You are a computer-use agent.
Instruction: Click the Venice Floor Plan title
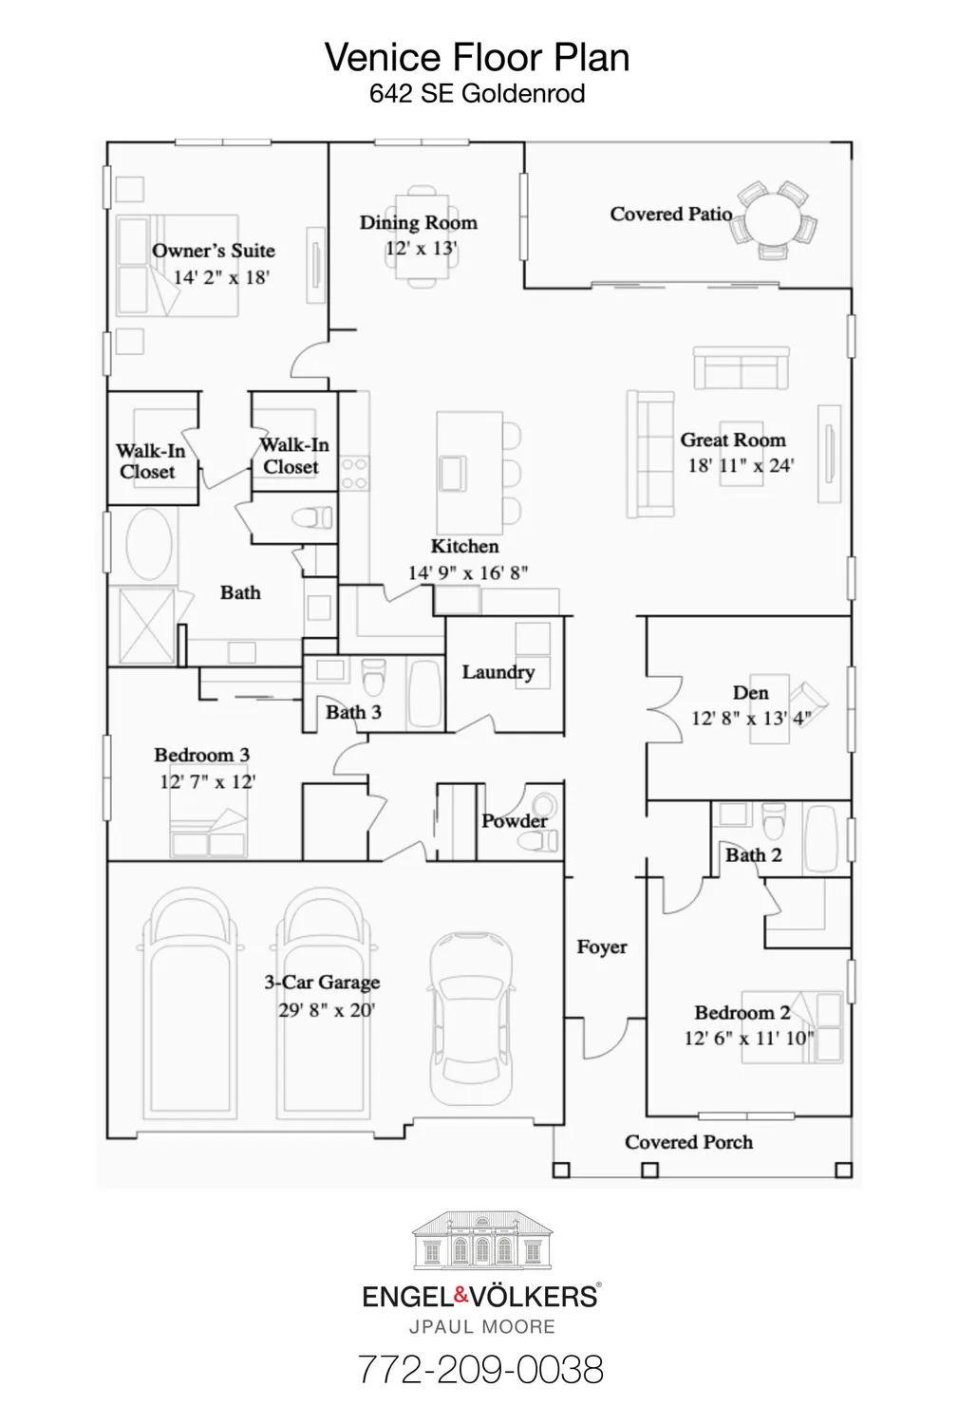pos(477,58)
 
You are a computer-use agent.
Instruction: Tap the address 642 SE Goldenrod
pos(477,94)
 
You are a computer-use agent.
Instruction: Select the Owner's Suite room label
pos(214,251)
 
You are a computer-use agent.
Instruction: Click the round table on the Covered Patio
pos(777,219)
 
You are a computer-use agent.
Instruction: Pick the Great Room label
pos(733,440)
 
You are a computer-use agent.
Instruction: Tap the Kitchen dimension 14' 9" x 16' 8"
pos(467,572)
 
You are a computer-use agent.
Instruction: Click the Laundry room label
pos(498,672)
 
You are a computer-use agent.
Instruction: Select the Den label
pos(750,693)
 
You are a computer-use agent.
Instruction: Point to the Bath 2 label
pos(753,855)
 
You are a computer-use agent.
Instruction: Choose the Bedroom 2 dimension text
pos(749,1039)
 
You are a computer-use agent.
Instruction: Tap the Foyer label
pos(602,947)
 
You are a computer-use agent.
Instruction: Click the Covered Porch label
pos(688,1143)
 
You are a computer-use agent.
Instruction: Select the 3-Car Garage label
pos(322,983)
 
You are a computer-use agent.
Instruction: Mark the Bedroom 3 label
pos(201,756)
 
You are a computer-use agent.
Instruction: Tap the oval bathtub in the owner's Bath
pos(149,545)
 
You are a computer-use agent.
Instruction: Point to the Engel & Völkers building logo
pos(481,1241)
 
